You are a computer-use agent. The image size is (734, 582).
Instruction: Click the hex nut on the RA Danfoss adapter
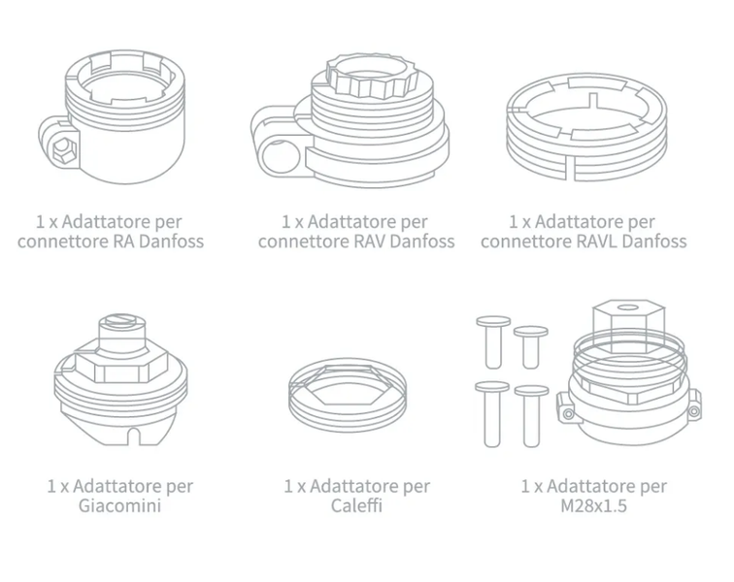click(61, 149)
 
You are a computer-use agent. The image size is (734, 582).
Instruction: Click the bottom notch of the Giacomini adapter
click(134, 436)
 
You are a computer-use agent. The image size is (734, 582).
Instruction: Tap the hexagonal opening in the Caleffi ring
click(347, 383)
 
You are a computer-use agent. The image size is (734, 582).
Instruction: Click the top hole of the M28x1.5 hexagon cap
click(628, 307)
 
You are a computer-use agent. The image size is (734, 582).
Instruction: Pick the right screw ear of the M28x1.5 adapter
click(693, 405)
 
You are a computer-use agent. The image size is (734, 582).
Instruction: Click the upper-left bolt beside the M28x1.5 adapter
click(493, 342)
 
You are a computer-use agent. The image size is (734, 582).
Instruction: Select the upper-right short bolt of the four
click(531, 347)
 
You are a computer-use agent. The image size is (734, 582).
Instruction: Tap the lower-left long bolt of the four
click(492, 414)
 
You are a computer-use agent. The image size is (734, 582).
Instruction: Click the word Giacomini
click(119, 505)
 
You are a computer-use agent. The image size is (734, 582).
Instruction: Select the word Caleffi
click(356, 505)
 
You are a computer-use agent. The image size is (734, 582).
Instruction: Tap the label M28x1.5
click(593, 506)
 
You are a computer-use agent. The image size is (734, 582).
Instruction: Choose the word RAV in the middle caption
click(369, 242)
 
